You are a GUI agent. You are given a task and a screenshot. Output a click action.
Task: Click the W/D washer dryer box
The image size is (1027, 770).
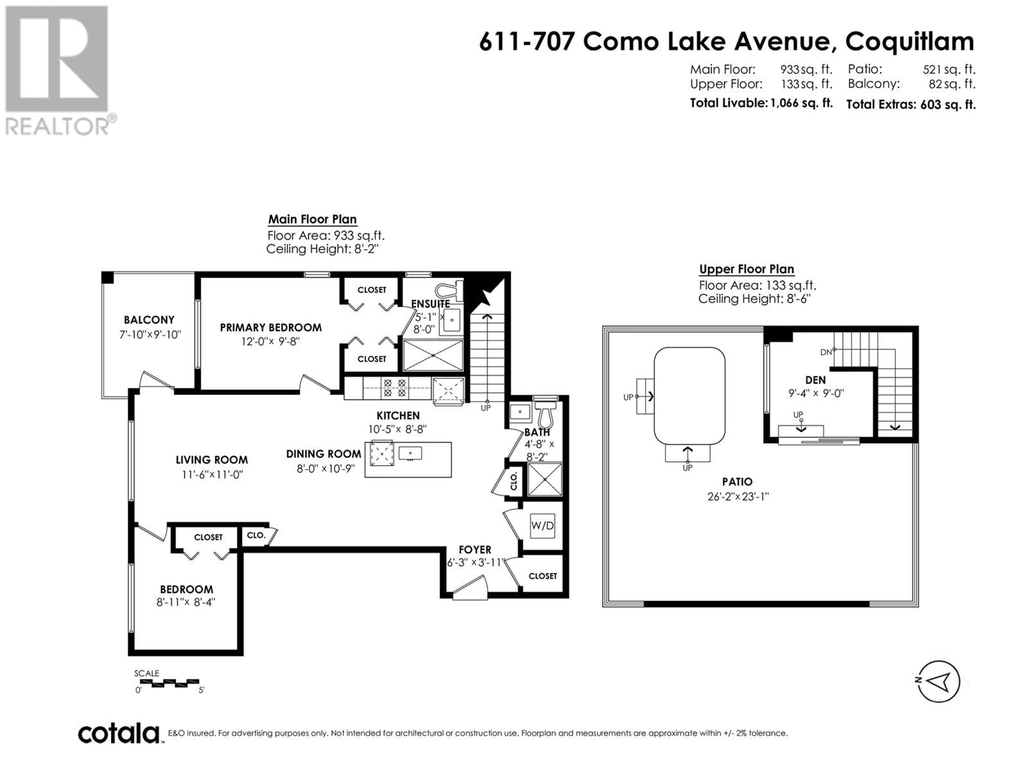(x=542, y=526)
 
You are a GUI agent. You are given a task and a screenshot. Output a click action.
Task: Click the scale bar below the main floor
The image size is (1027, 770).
(x=170, y=682)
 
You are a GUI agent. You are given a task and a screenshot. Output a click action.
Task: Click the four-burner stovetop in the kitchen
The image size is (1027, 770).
(x=395, y=388)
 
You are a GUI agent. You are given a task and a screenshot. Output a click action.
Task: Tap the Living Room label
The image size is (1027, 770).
(x=212, y=460)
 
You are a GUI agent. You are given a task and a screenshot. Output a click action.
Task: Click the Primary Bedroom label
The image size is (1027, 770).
(x=271, y=328)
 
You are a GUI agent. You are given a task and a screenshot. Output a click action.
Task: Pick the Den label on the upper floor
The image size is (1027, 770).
(x=816, y=380)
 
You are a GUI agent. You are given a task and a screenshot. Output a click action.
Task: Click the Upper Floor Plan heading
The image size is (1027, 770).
(x=746, y=269)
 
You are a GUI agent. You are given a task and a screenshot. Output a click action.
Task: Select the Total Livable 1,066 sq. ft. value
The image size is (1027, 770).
(x=801, y=103)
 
